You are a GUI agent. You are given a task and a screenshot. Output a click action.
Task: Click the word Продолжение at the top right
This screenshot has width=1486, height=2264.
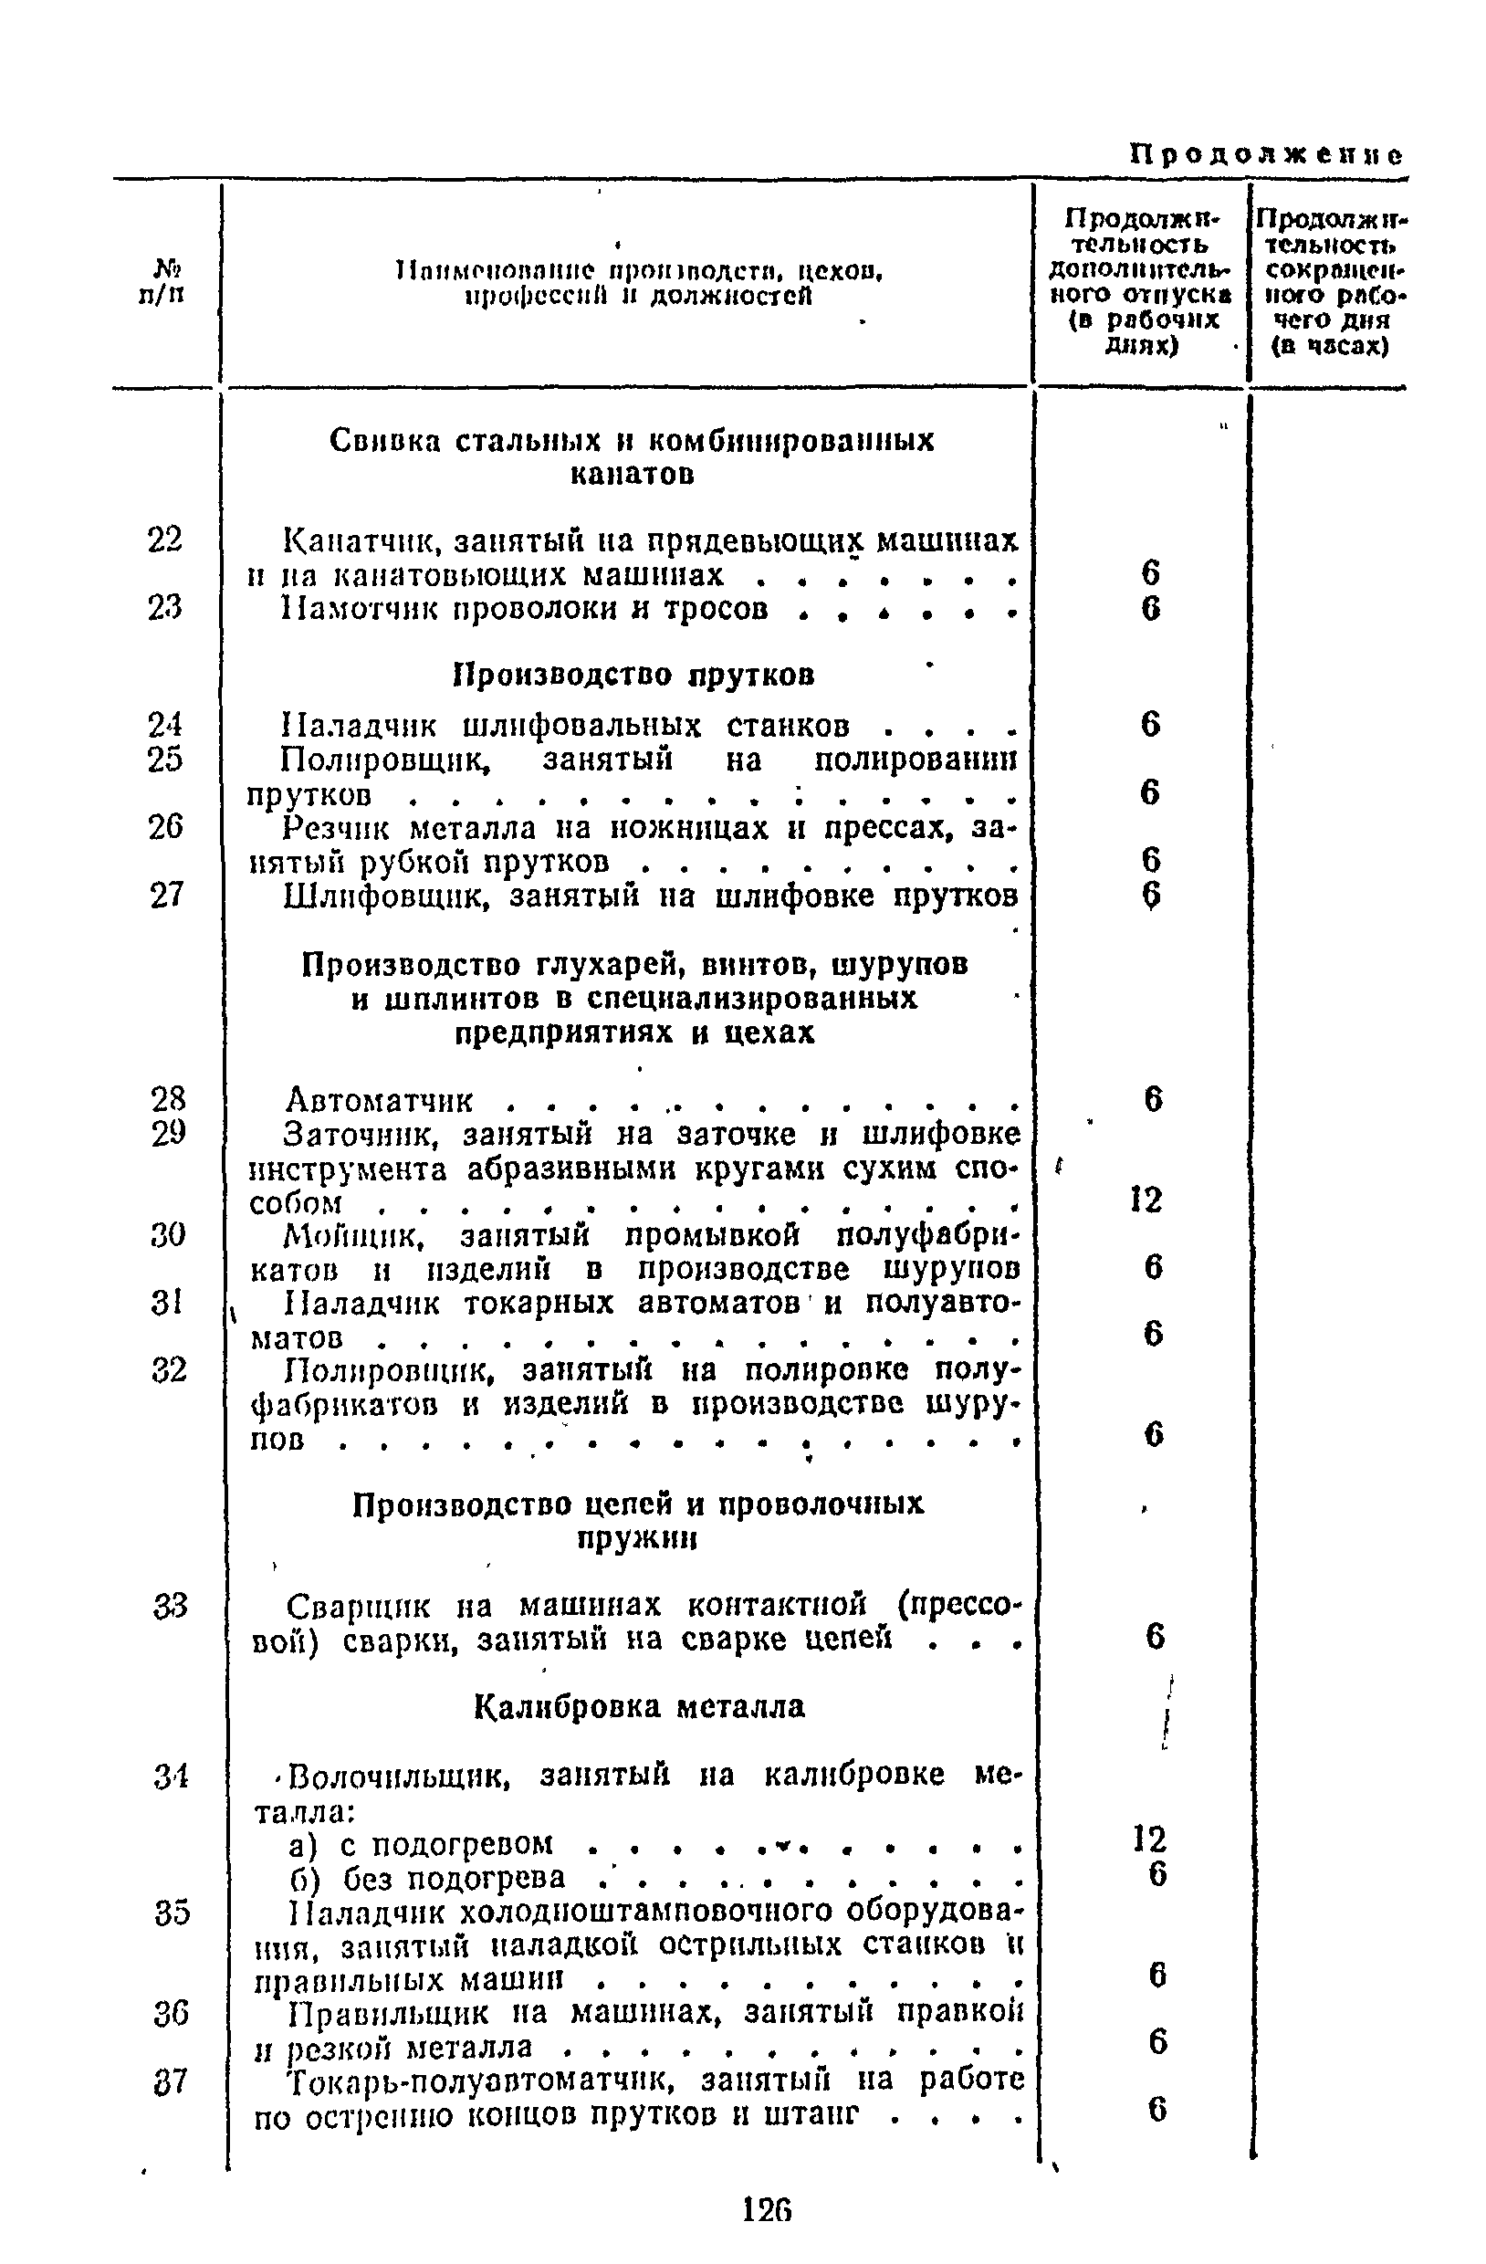pos(1266,155)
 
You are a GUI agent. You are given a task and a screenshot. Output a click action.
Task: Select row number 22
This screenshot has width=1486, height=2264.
pos(165,540)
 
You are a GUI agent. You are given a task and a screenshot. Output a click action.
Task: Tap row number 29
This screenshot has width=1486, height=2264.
pos(168,1132)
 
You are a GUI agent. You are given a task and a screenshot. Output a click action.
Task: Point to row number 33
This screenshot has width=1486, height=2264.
pos(171,1607)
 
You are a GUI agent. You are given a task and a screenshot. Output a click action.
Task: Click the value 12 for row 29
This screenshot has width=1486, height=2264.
pos(1147,1200)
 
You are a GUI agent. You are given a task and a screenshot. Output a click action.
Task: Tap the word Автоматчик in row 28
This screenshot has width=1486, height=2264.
pos(379,1101)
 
